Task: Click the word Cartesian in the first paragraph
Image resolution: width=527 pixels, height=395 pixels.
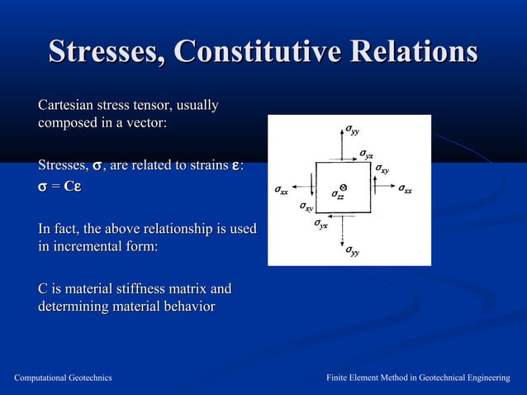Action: [66, 106]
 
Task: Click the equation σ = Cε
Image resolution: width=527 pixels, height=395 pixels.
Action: [60, 187]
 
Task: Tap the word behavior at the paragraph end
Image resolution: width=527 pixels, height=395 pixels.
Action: [187, 307]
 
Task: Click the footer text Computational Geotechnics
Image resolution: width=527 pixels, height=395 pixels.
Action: [64, 378]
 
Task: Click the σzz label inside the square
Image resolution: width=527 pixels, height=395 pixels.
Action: [338, 197]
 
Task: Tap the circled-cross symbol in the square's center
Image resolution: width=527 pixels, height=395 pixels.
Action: [343, 187]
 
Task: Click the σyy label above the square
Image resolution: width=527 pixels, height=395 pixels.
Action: [353, 130]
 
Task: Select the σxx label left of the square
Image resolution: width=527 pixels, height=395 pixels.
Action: [282, 191]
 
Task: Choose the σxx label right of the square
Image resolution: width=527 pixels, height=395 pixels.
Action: [405, 189]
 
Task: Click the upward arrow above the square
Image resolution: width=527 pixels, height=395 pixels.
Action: [342, 144]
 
